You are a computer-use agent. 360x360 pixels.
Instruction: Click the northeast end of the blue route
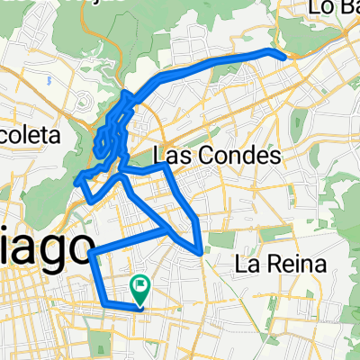pyautogui.click(x=286, y=56)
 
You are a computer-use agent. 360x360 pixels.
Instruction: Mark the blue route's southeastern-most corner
pyautogui.click(x=200, y=253)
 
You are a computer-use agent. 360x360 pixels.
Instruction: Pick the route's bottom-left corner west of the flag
pyautogui.click(x=101, y=301)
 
